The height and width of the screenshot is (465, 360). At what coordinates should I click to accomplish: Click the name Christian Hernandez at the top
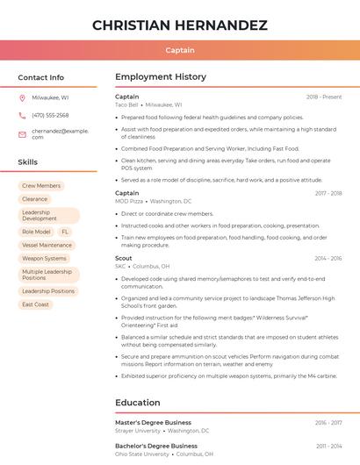pos(179,25)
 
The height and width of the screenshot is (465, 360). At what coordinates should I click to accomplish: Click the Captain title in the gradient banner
pos(179,50)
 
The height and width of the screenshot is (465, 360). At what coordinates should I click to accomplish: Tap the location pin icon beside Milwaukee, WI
pos(22,98)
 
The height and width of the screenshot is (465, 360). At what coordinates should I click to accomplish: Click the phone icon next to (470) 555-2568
pos(22,115)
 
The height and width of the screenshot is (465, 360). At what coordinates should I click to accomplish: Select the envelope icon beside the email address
pos(22,133)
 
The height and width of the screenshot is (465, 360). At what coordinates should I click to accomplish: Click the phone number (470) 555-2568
pos(50,115)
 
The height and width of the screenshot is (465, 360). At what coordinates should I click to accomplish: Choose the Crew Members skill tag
pos(41,186)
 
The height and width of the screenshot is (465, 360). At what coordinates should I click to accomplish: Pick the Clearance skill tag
pos(35,199)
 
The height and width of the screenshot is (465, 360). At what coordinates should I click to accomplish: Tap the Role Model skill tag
pos(36,232)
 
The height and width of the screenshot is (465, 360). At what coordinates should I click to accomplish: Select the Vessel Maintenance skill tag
pos(47,245)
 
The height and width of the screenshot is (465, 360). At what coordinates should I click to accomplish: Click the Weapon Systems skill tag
pos(44,258)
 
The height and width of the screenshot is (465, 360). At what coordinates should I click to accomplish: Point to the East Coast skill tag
pos(36,304)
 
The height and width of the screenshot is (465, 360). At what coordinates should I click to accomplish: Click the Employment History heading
pos(161,77)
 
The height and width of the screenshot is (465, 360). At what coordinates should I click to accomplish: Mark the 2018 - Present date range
pos(324,97)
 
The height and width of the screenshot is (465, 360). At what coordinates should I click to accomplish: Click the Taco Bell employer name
pos(126,104)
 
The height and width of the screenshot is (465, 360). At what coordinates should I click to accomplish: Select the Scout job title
pos(124,258)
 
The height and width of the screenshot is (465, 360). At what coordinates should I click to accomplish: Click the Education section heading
pos(137,403)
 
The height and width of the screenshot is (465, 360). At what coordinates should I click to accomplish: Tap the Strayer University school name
pos(138,431)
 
